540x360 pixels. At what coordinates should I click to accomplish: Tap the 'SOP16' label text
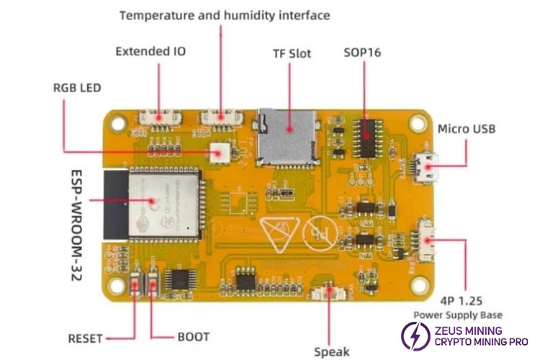(x=363, y=53)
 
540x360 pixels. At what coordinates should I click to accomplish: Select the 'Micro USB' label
(x=467, y=130)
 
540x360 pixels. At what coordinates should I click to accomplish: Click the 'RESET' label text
(x=86, y=338)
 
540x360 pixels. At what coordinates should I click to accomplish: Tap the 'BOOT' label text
(x=193, y=337)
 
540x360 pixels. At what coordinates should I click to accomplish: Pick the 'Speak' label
(x=332, y=351)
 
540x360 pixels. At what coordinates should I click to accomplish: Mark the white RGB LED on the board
(x=217, y=153)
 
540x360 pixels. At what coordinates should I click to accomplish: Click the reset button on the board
(x=136, y=287)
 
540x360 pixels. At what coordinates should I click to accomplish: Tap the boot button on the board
(x=153, y=287)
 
